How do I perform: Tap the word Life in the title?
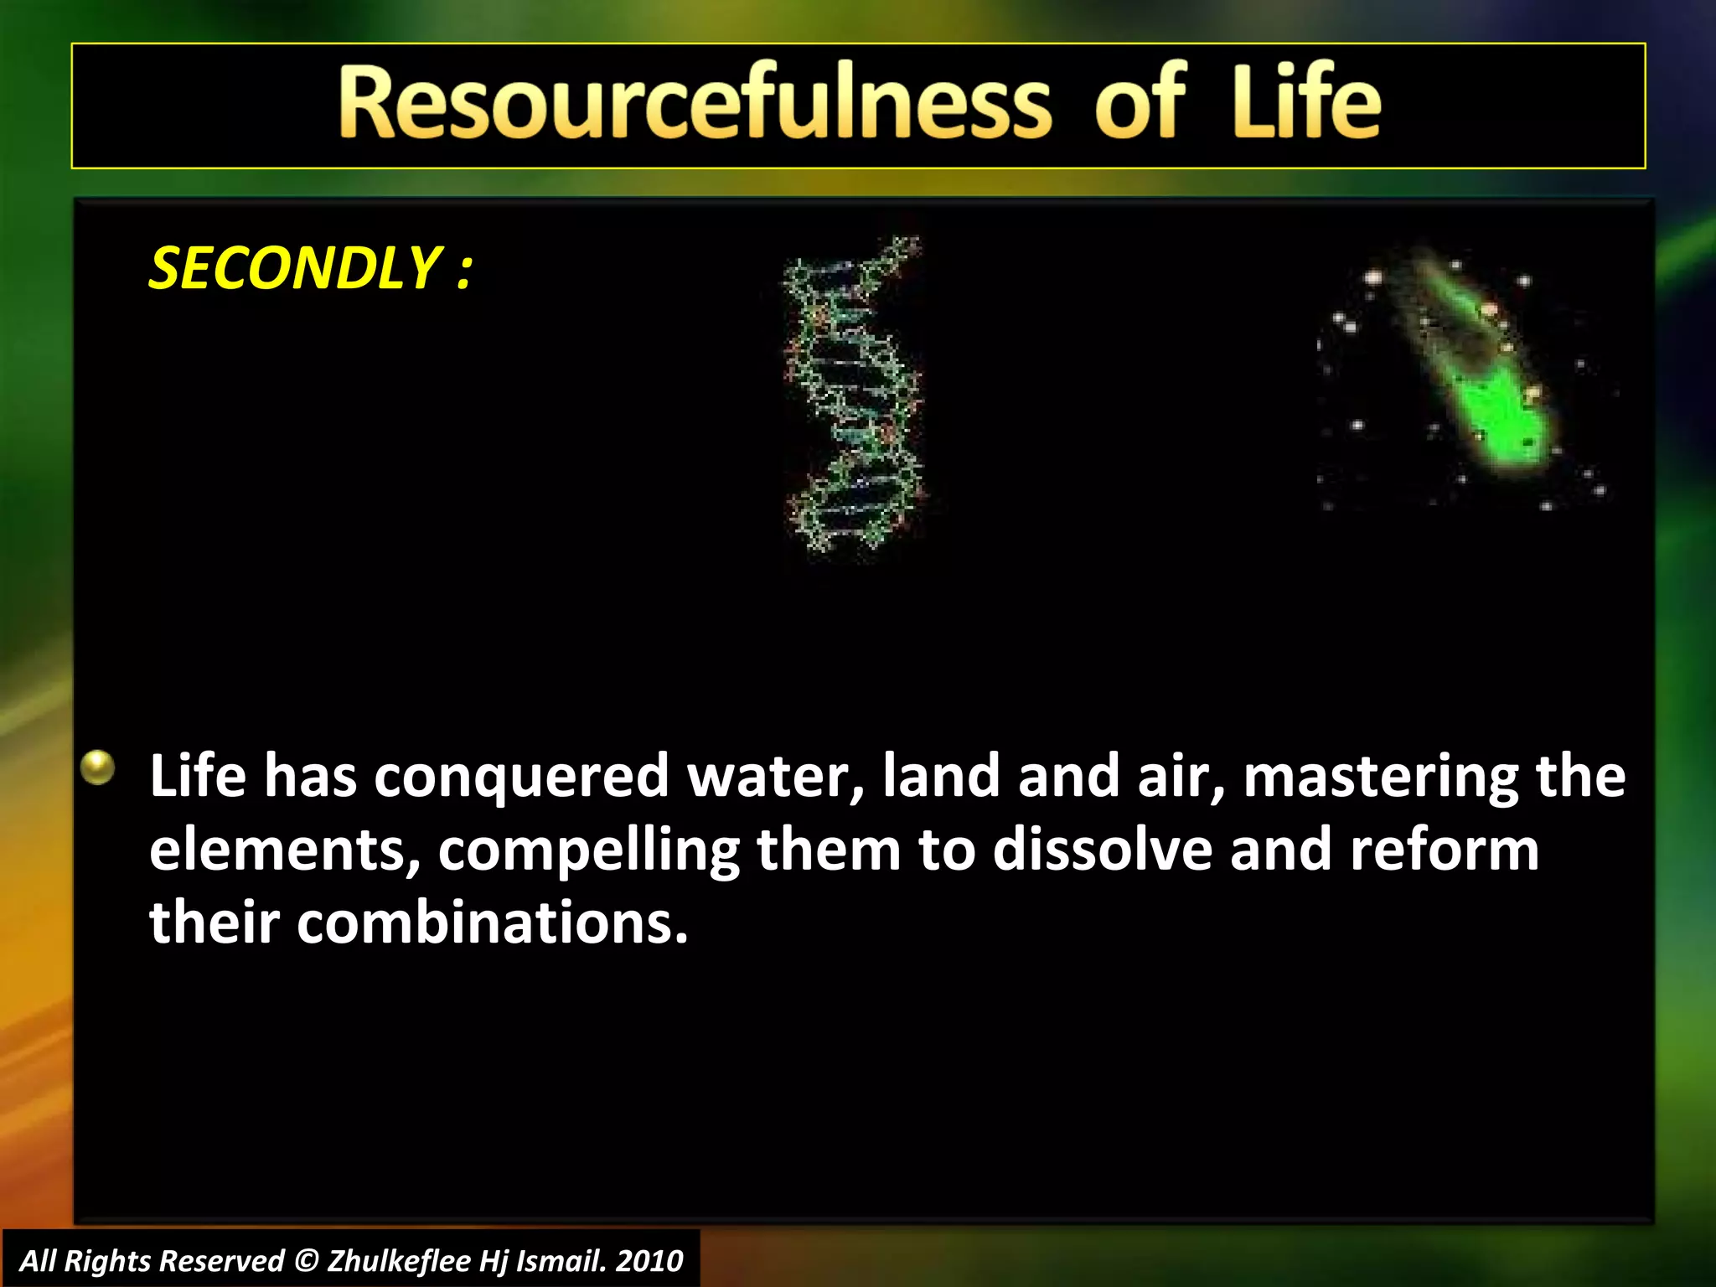(1305, 104)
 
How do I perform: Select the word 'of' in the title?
(1140, 104)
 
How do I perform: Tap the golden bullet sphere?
(98, 767)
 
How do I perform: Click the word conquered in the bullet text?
(521, 777)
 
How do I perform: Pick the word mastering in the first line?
(1380, 777)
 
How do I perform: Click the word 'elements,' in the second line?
(284, 850)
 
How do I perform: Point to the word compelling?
(589, 850)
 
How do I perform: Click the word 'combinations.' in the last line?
(493, 923)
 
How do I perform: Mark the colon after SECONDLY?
(465, 272)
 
